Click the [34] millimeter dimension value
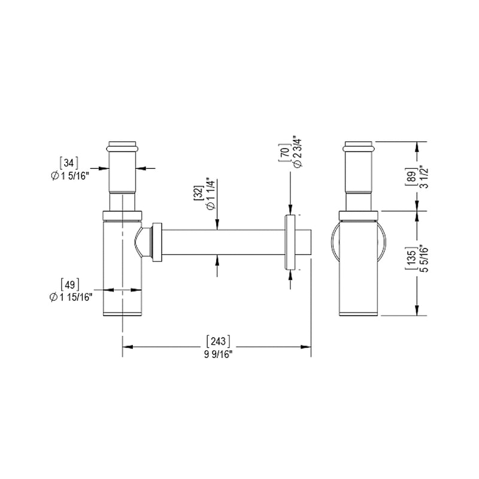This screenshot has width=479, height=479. (x=69, y=162)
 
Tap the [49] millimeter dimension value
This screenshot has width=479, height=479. (x=70, y=284)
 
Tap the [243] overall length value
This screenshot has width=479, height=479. (x=218, y=341)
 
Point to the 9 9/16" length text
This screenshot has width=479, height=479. (x=218, y=354)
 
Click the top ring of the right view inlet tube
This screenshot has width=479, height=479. (x=359, y=145)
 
